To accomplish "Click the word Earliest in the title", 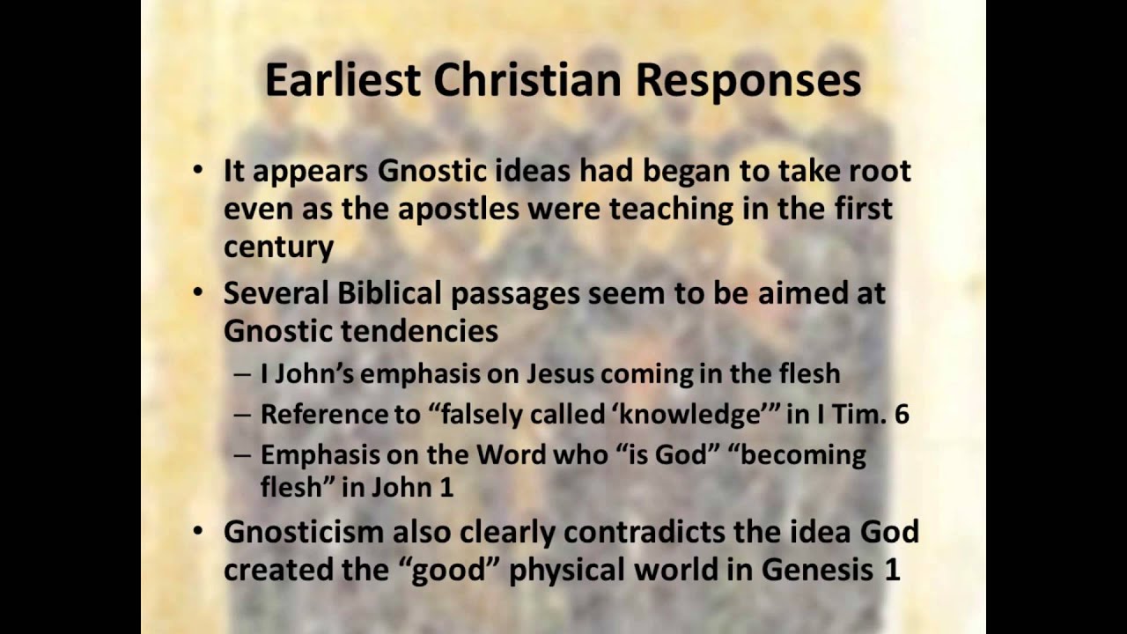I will click(343, 80).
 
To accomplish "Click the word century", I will click(278, 247).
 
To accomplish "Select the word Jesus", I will click(561, 373).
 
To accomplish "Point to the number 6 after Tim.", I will click(902, 415).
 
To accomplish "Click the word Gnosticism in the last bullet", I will click(304, 532).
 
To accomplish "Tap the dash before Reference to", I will click(242, 415).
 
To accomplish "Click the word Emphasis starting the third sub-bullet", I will click(319, 455).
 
